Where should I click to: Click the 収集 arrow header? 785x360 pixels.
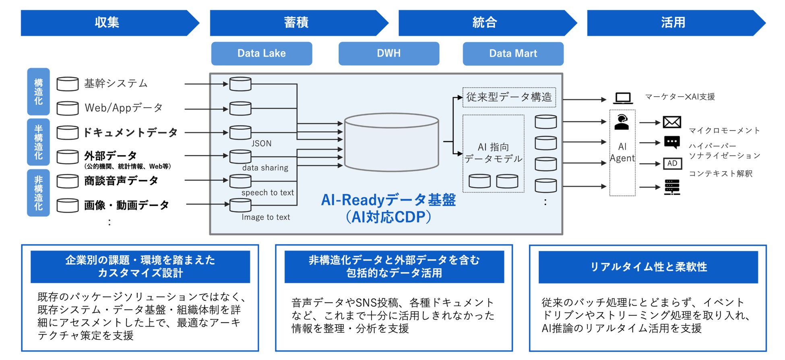coord(107,23)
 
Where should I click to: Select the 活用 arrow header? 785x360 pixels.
coord(673,23)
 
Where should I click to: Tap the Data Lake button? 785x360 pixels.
coord(262,54)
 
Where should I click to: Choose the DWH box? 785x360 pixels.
coord(389,54)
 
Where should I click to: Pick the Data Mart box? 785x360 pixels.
coord(513,54)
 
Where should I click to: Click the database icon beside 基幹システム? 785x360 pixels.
coord(68,84)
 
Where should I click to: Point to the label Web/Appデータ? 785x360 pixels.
coord(124,108)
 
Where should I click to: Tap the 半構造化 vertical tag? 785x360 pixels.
coord(38,142)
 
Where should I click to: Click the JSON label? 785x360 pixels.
coord(262,143)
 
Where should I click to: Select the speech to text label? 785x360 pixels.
coord(268,192)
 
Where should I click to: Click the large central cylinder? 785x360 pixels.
coord(391,142)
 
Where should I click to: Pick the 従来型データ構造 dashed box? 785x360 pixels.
coord(509,97)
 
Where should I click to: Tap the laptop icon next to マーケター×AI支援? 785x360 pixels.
coord(623,98)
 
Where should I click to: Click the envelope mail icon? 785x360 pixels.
coord(672,122)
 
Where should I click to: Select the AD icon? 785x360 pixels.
coord(672,163)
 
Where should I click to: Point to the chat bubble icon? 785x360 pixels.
coord(672,142)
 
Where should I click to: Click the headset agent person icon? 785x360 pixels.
coord(622,122)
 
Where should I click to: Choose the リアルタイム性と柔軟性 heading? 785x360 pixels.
coord(648,267)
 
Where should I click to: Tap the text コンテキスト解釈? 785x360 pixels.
coord(721,174)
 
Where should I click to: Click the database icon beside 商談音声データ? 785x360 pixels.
coord(68,181)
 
